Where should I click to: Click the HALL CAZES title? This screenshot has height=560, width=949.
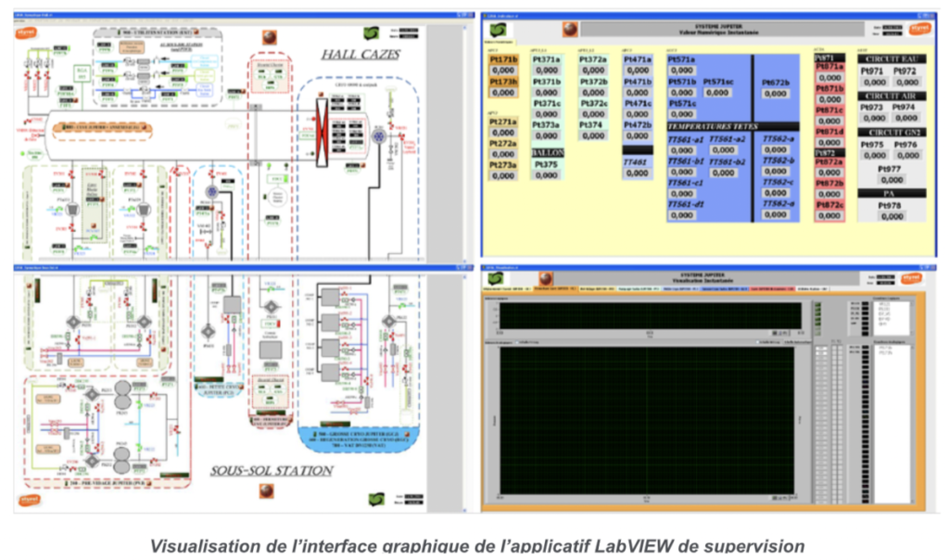[x=361, y=55]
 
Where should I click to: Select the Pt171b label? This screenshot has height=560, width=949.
[x=503, y=59]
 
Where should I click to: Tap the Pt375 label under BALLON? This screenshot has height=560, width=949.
[x=547, y=165]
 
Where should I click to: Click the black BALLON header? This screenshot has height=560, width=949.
[x=547, y=152]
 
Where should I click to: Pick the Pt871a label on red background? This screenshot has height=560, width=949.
[x=829, y=67]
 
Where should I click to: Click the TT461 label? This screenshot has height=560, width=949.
[x=637, y=160]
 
